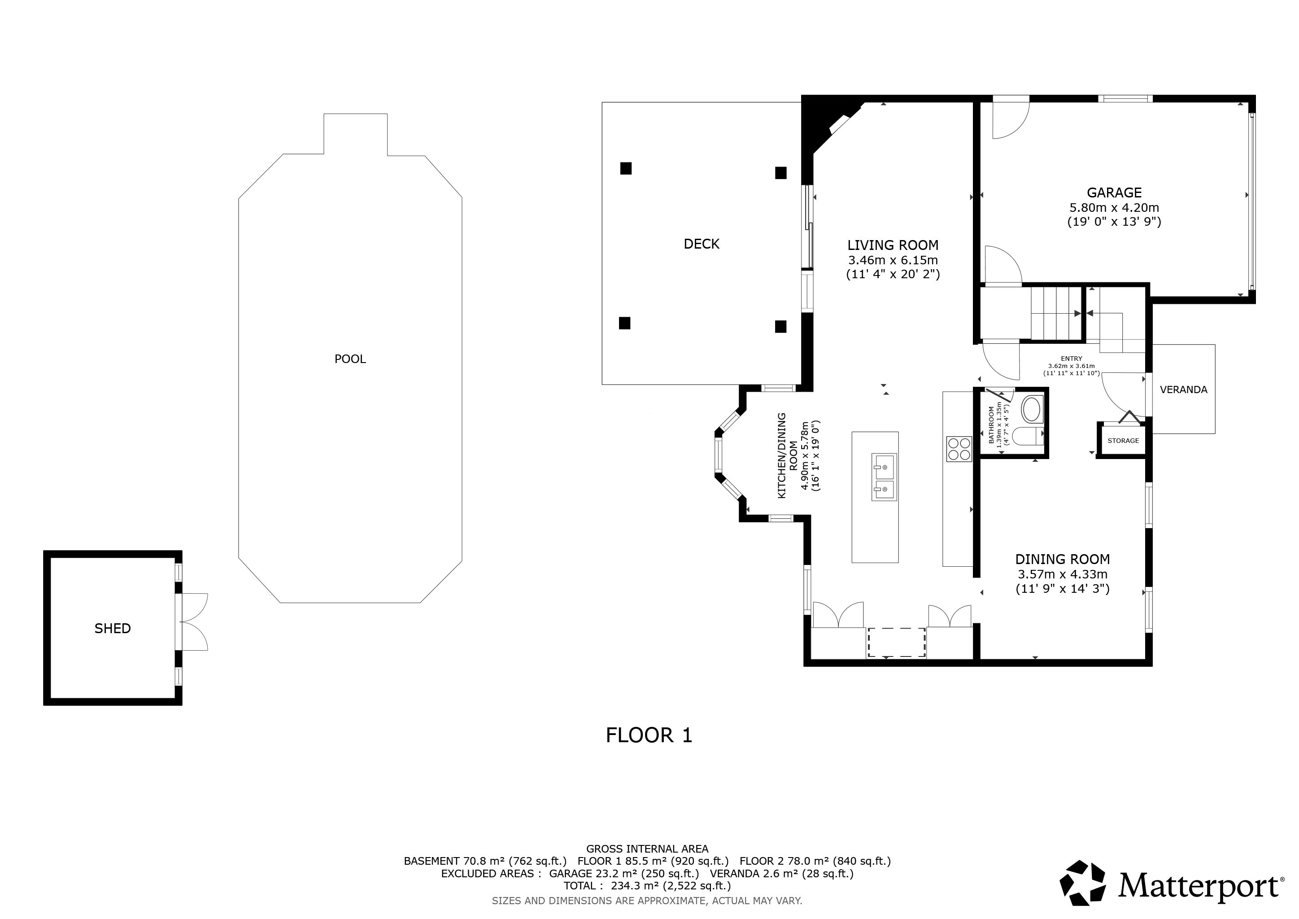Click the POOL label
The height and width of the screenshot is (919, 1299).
click(x=350, y=359)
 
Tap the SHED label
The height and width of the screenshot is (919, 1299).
click(x=113, y=628)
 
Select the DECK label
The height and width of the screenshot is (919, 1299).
click(x=702, y=244)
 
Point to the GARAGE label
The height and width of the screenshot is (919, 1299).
click(x=1114, y=193)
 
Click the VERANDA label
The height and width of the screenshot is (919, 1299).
click(x=1184, y=389)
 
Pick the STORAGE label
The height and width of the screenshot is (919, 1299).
click(x=1123, y=441)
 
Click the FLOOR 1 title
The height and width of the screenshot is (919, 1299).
click(x=649, y=735)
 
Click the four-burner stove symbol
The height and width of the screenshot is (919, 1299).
click(x=959, y=449)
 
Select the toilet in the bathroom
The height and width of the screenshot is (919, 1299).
click(x=1024, y=436)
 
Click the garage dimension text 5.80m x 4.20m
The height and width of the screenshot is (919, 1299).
click(x=1114, y=208)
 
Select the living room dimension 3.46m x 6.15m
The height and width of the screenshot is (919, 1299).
click(x=893, y=260)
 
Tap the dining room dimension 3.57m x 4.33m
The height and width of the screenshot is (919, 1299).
click(x=1063, y=574)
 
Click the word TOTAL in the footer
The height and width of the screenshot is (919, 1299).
click(x=580, y=886)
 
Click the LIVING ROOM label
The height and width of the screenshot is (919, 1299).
click(x=893, y=245)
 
